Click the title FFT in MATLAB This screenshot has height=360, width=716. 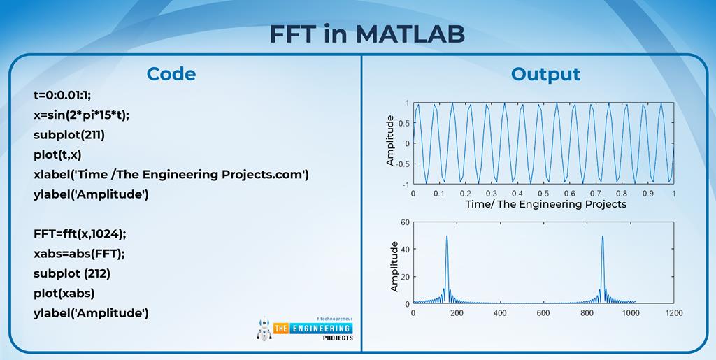pos(366,34)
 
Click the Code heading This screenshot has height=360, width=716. pos(171,74)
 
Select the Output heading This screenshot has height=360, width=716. pos(545,74)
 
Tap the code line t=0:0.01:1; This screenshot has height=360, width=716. pos(62,96)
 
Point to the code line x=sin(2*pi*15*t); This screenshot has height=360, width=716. pos(81,115)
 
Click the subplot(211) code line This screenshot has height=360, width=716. pos(69,136)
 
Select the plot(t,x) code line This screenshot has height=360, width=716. pos(57,155)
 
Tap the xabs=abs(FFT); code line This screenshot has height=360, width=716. pos(79,254)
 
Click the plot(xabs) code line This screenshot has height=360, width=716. pos(64,294)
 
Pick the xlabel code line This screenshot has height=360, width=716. pos(171,175)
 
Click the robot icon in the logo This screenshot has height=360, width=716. pos(264,329)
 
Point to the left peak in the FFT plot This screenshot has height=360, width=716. pos(447,236)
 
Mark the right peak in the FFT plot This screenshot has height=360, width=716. pos(603,236)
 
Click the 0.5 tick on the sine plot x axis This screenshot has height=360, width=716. pos(543,194)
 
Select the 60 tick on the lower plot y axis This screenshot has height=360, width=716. pos(405,222)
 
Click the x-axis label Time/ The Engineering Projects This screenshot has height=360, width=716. pos(545,204)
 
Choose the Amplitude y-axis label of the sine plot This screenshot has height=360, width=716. pos(389,141)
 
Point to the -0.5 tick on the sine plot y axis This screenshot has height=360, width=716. pos(403,164)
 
